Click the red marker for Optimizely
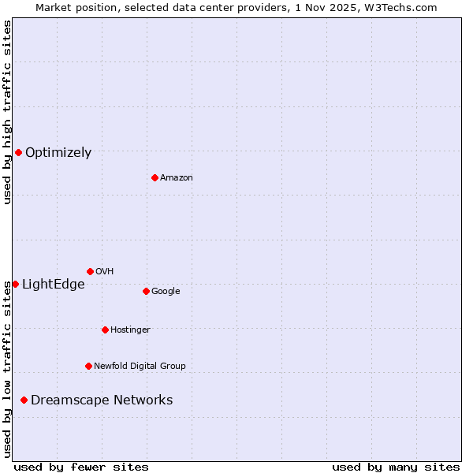pos(18,152)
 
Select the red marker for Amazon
pos(155,177)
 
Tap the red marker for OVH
pos(90,271)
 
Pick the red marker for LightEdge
pos(15,284)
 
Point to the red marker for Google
pos(146,291)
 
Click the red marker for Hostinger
pos(105,330)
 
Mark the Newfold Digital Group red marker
pos(88,366)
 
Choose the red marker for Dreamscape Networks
pos(24,400)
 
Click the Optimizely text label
pos(58,153)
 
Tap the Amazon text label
pos(176,178)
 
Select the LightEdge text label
pos(53,285)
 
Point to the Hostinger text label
pos(130,330)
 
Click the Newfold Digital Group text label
pos(140,367)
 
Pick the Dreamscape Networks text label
pos(102,400)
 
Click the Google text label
pos(166,292)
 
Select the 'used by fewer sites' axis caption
pos(81,467)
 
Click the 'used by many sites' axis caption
pos(396,467)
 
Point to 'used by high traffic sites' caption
pos(7,112)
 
